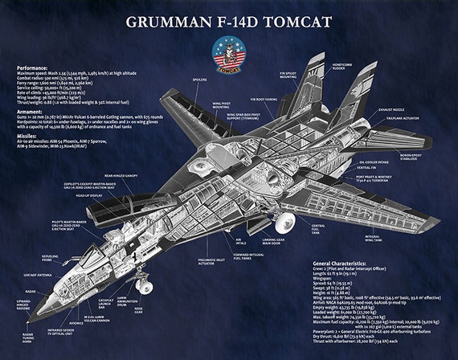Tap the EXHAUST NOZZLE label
[392, 108]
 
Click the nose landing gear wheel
[145, 286]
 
